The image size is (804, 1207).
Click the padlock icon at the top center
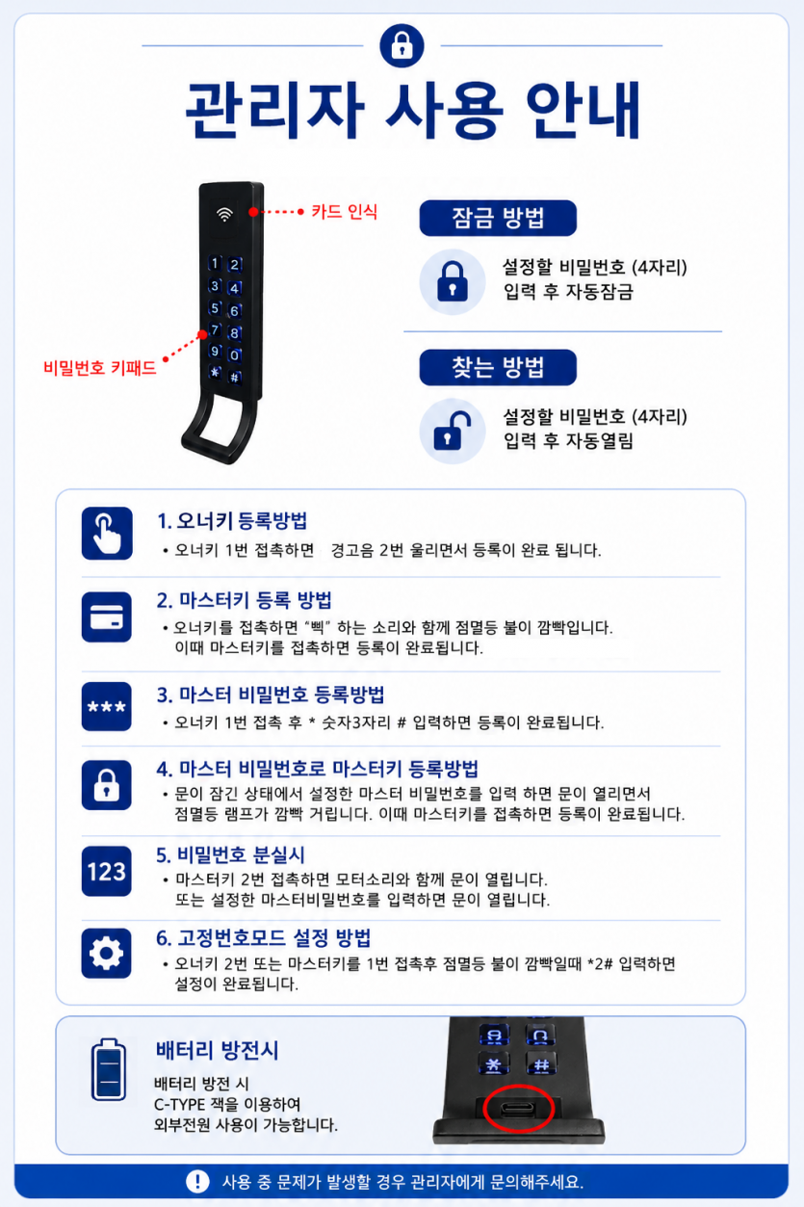click(402, 46)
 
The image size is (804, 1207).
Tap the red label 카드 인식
click(344, 212)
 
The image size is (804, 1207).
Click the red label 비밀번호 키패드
click(99, 368)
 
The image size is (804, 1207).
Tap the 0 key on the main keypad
click(234, 355)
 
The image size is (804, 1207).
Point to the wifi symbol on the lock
click(224, 214)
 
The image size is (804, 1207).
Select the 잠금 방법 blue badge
click(498, 218)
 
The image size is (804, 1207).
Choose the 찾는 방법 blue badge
click(498, 367)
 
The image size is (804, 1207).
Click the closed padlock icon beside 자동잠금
click(453, 281)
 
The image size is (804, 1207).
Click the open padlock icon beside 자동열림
click(453, 431)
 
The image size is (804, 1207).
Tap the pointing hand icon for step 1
click(107, 533)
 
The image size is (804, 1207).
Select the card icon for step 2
click(107, 617)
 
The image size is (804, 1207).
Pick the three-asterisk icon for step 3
click(107, 706)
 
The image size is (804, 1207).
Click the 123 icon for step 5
click(107, 872)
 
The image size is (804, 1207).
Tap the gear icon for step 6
click(107, 954)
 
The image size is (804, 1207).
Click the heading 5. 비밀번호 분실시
click(230, 854)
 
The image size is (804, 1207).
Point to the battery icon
click(108, 1069)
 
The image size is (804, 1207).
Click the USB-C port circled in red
click(517, 1109)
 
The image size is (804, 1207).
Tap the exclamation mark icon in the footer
click(197, 1182)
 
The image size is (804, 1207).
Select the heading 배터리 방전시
click(217, 1051)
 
